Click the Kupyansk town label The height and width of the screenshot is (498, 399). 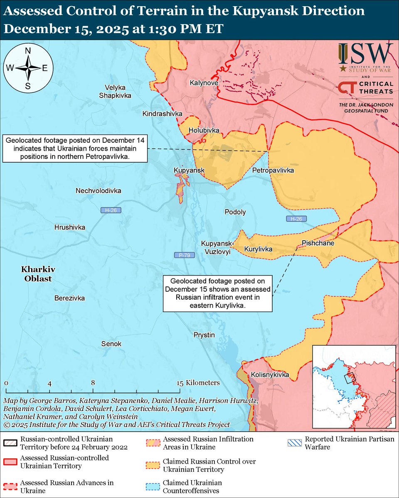[189, 171]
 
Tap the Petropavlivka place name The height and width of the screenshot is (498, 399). [273, 171]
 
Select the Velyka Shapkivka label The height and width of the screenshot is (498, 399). [115, 91]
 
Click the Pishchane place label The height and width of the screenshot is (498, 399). [318, 243]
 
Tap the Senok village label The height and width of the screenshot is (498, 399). [111, 344]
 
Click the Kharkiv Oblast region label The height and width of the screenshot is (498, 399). [37, 274]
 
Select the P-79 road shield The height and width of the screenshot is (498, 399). [182, 255]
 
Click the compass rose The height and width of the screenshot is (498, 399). [28, 68]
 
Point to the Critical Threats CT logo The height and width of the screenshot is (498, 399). [346, 88]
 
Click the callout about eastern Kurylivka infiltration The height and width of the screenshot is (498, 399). [217, 293]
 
